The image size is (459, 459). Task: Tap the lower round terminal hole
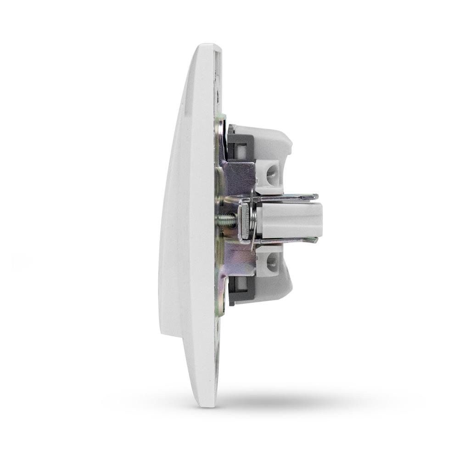pyautogui.click(x=271, y=262)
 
